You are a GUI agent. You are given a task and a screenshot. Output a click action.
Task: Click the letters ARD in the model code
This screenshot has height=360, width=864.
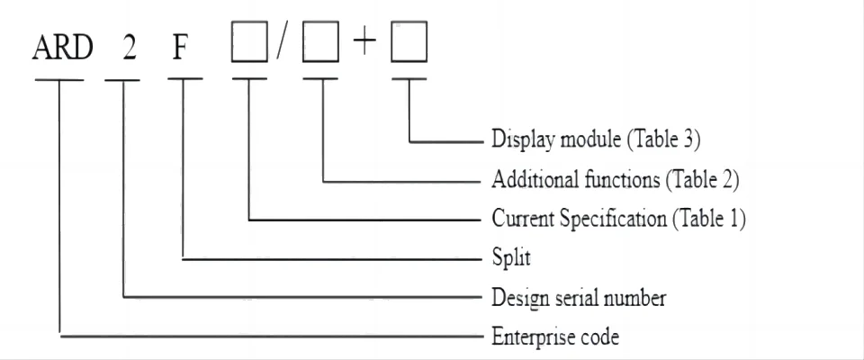pyautogui.click(x=62, y=48)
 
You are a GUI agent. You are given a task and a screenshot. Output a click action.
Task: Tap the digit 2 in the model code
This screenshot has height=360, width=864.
pyautogui.click(x=130, y=48)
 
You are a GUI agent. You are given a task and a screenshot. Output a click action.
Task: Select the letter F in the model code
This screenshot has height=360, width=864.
pyautogui.click(x=180, y=48)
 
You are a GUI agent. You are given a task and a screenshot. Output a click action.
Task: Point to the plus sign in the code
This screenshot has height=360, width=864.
pyautogui.click(x=364, y=45)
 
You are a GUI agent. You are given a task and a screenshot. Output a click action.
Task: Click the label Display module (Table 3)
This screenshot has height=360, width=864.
pyautogui.click(x=596, y=139)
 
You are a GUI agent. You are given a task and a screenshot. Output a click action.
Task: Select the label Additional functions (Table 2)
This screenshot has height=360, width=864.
pyautogui.click(x=615, y=179)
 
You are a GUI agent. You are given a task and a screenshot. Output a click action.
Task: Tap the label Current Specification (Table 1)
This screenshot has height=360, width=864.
pyautogui.click(x=618, y=219)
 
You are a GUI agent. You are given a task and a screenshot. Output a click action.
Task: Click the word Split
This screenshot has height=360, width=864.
pyautogui.click(x=511, y=258)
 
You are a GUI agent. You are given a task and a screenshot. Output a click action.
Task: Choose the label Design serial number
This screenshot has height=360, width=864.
pyautogui.click(x=579, y=298)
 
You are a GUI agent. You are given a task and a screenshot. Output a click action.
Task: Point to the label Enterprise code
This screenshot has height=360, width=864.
pyautogui.click(x=555, y=337)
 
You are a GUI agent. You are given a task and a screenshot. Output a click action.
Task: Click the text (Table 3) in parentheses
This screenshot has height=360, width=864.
pyautogui.click(x=668, y=139)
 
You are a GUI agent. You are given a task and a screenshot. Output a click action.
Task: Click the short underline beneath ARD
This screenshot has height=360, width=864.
pyautogui.click(x=60, y=80)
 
